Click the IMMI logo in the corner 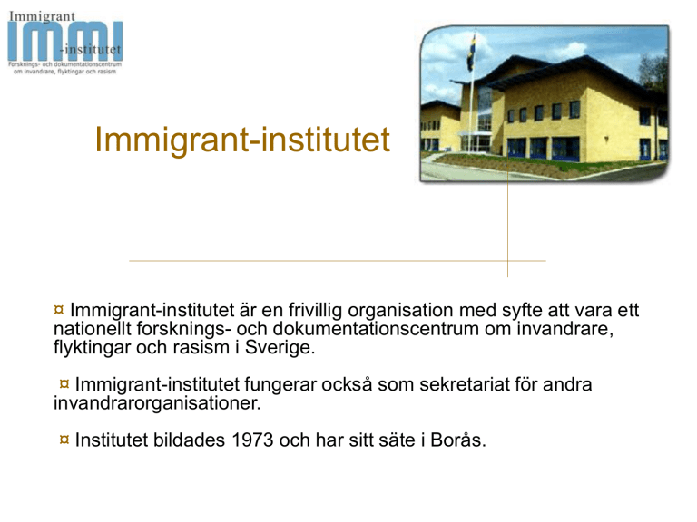pos(65,43)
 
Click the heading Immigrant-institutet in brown pos(242,140)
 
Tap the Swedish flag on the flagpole pos(470,53)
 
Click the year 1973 pos(252,440)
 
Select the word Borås pos(457,440)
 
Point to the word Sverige pos(280,347)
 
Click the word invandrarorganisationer pos(157,403)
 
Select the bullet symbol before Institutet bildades pos(64,440)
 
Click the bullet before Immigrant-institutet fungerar pos(64,383)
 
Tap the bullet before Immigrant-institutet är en pos(59,309)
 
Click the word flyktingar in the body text pos(92,347)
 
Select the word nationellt pos(93,329)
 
